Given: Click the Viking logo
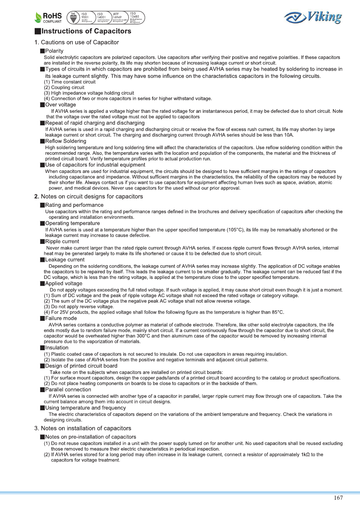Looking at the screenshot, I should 313,17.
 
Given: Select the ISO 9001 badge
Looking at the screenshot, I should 85,17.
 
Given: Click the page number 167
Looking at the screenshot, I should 338,498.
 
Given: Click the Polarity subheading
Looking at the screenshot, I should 54,51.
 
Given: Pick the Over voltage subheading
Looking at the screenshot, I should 60,105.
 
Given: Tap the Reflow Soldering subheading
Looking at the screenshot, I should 65,141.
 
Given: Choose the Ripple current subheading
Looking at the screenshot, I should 62,241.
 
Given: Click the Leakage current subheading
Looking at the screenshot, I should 65,260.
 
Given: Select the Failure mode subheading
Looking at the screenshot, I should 61,318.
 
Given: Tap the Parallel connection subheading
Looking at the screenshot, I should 68,390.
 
